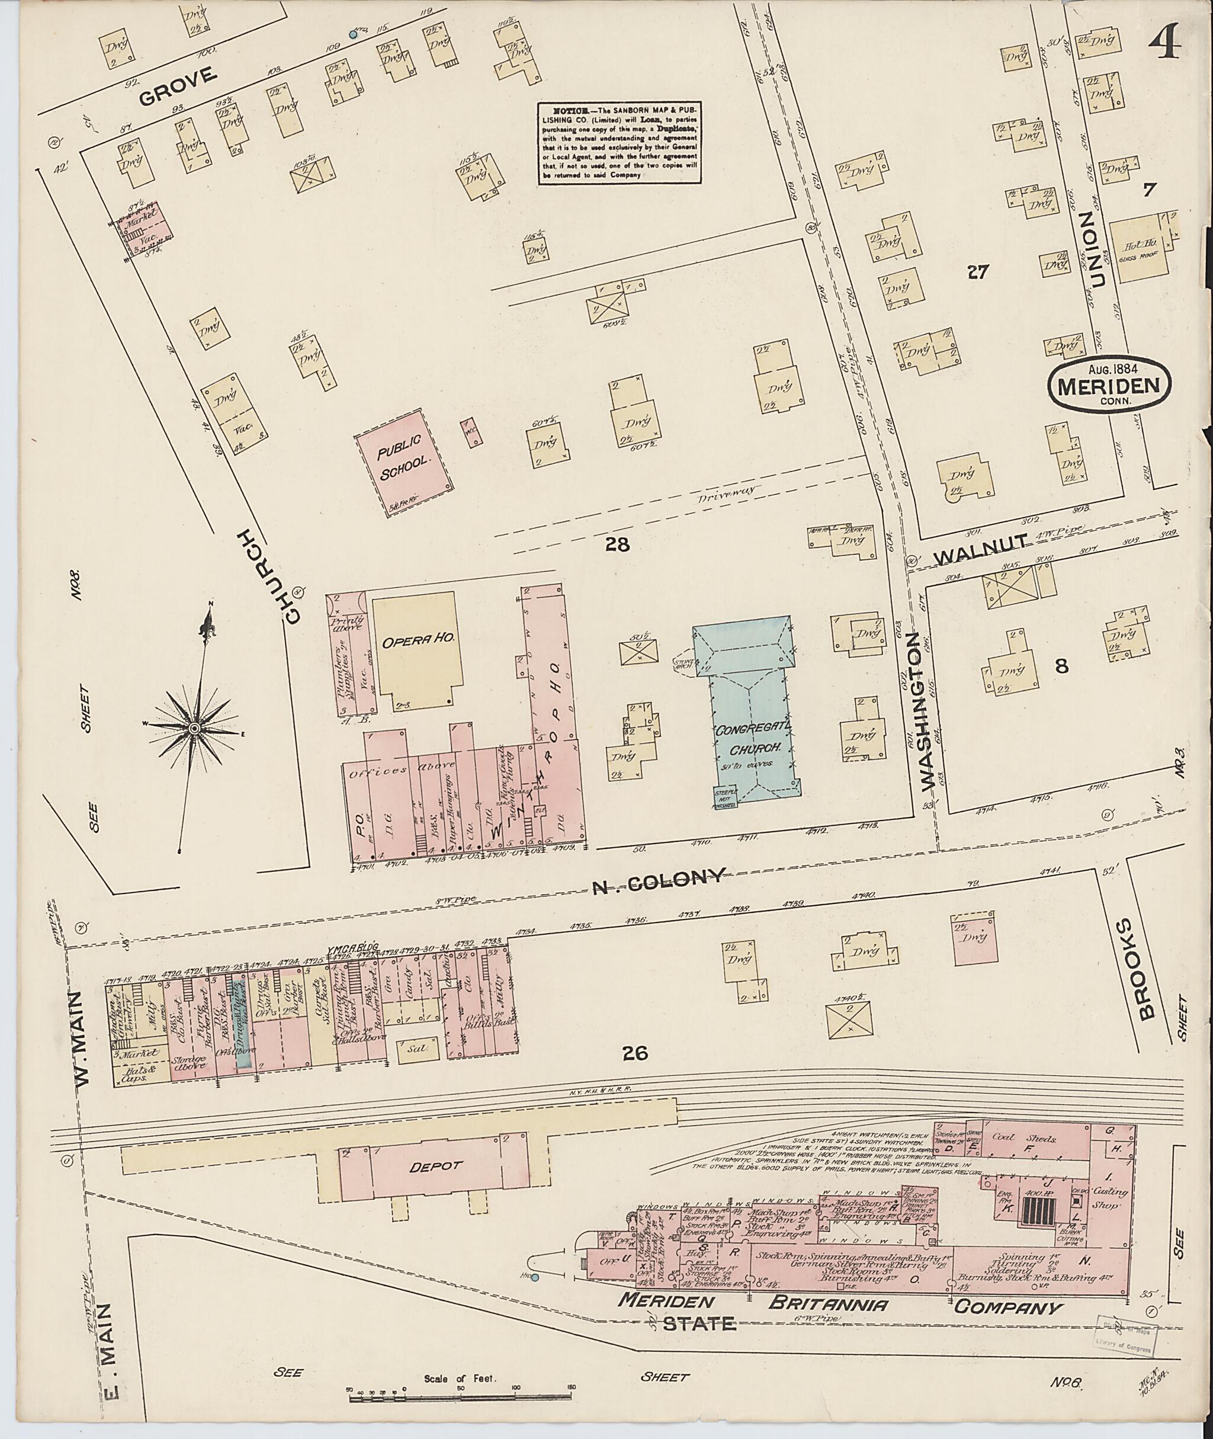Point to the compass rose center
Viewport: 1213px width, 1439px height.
coord(195,727)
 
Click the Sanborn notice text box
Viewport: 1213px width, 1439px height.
coord(619,143)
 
